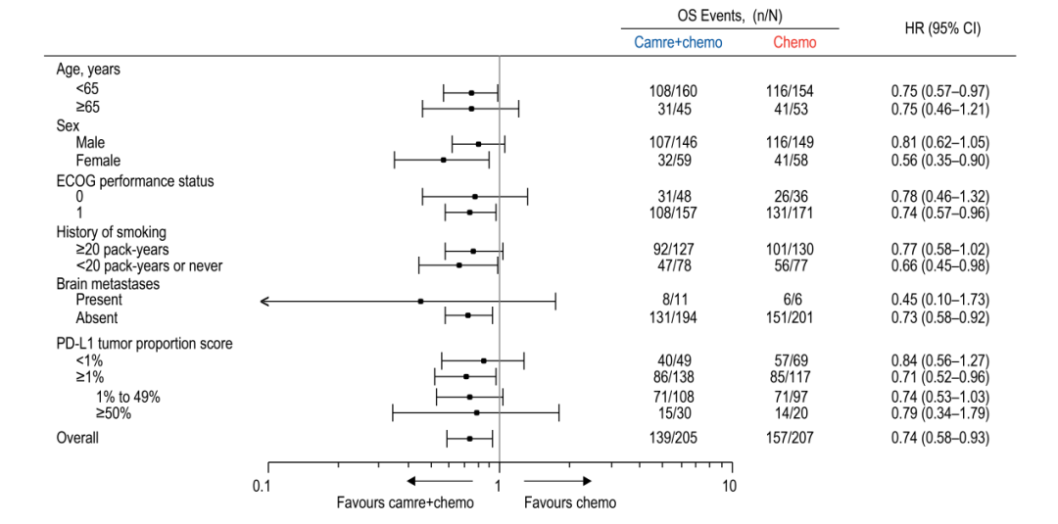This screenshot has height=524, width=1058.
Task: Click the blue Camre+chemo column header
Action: [x=678, y=42]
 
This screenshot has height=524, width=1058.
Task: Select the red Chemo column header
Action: [x=794, y=42]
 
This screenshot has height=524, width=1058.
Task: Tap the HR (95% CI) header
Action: [x=942, y=29]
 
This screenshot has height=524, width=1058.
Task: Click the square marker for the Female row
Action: [x=444, y=160]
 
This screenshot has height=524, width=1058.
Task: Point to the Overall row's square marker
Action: [x=469, y=439]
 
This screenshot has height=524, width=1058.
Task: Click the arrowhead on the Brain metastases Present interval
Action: [x=264, y=301]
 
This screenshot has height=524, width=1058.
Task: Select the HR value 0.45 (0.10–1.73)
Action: [x=938, y=300]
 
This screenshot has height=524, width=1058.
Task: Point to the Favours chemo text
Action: [x=569, y=503]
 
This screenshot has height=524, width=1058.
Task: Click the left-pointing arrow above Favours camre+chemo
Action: [x=439, y=481]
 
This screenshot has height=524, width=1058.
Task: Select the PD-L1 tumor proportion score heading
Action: [x=144, y=343]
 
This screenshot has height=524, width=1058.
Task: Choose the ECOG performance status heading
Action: [x=135, y=181]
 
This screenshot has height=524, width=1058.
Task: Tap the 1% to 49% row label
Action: [x=127, y=398]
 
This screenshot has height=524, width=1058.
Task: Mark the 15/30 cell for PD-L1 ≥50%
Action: [x=669, y=413]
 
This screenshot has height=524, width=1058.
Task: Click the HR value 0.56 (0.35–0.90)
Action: [x=938, y=161]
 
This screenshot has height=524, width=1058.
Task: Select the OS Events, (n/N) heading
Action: [x=730, y=14]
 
